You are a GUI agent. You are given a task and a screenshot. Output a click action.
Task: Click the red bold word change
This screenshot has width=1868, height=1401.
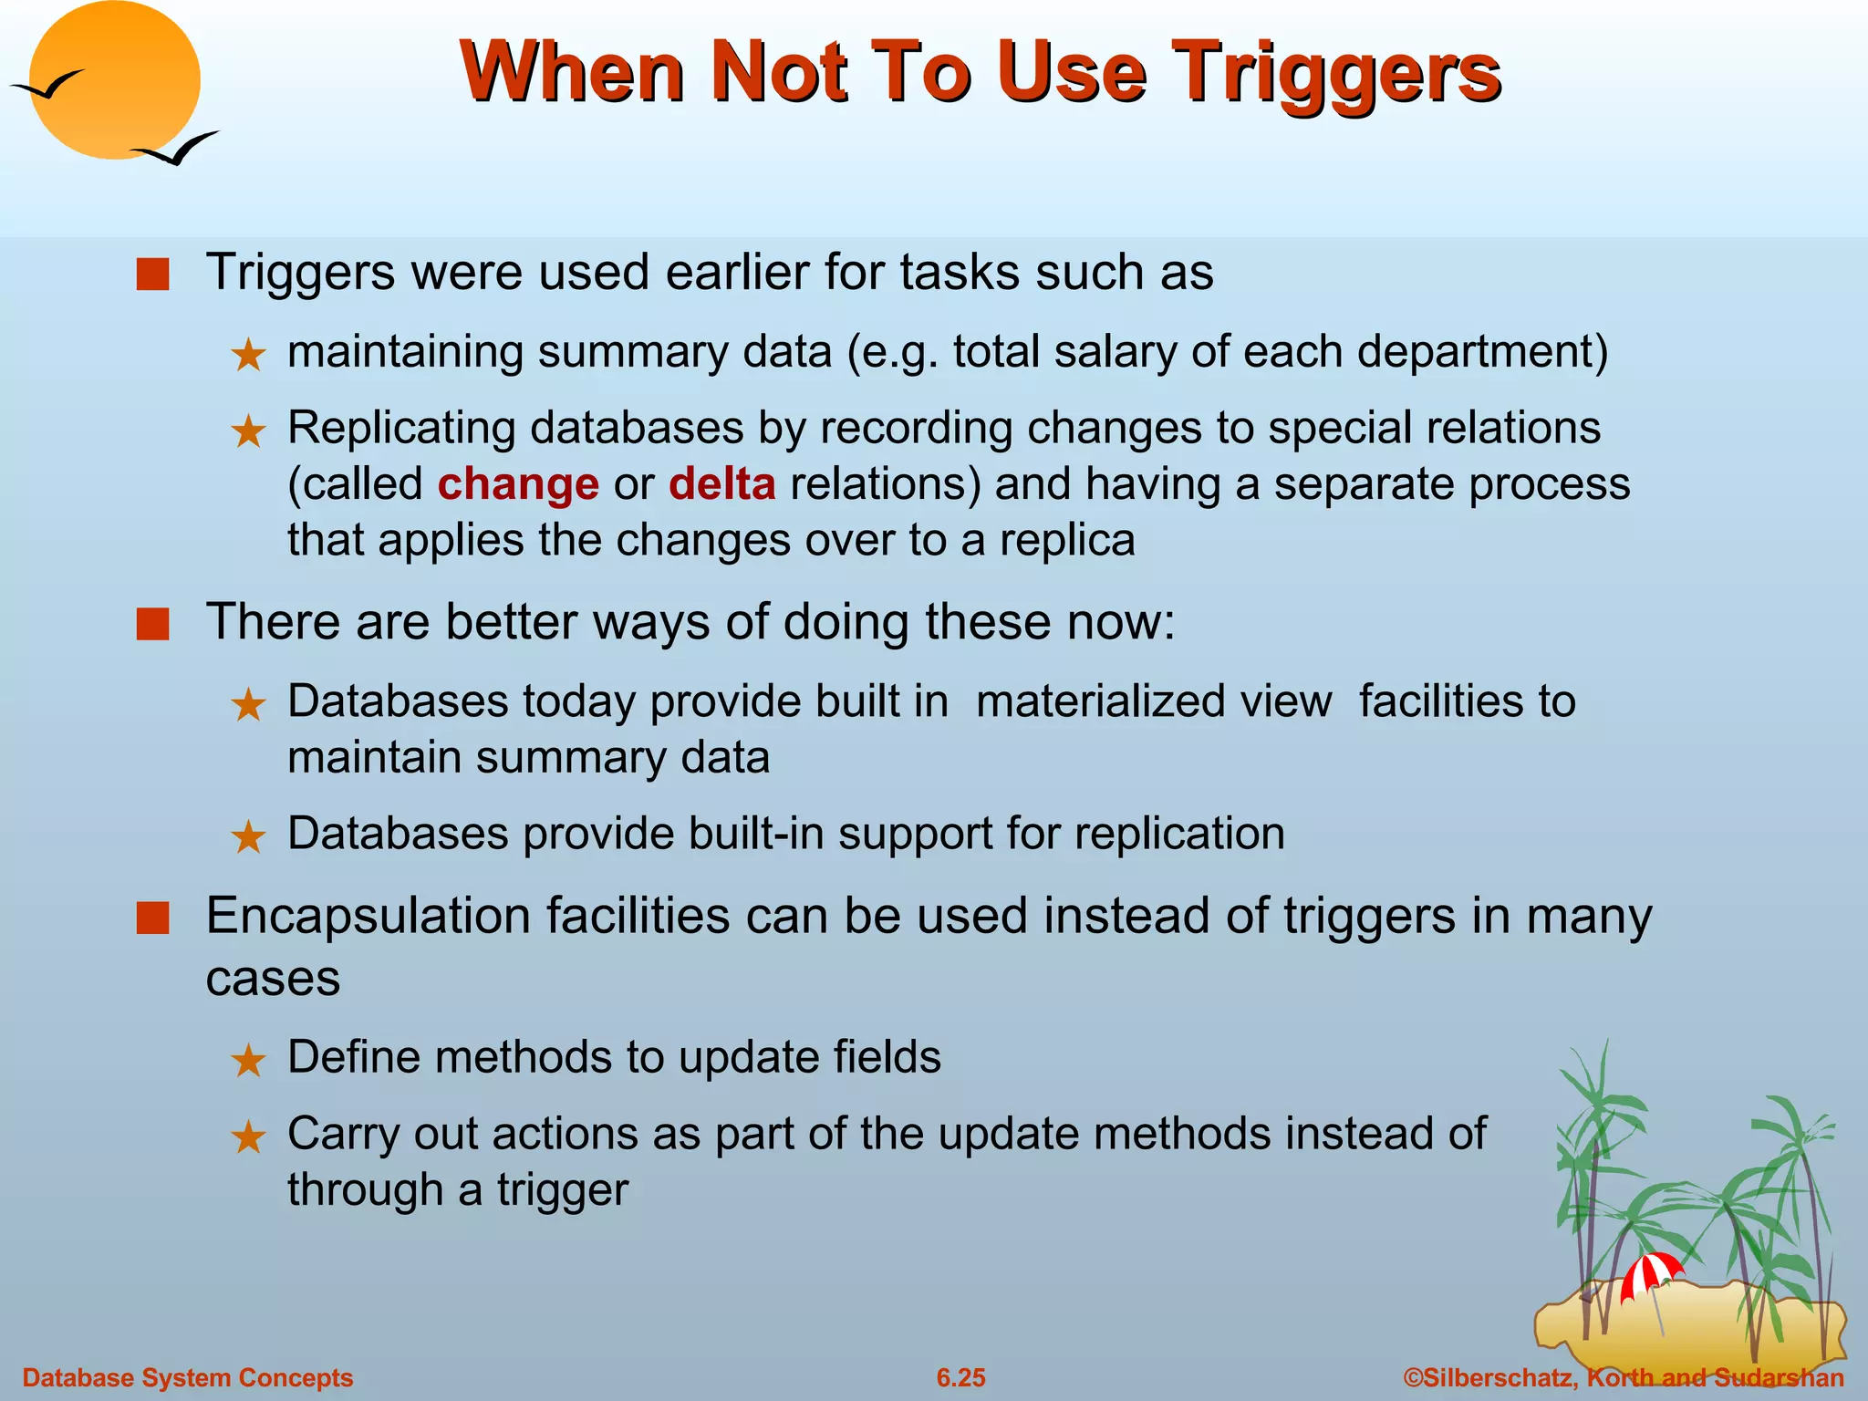click(517, 484)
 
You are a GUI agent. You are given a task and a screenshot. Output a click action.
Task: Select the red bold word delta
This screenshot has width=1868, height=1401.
click(721, 484)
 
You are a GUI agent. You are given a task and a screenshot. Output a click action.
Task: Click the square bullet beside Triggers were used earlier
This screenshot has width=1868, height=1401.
click(152, 275)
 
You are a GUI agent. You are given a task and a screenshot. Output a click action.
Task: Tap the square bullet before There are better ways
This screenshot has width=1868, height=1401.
click(152, 625)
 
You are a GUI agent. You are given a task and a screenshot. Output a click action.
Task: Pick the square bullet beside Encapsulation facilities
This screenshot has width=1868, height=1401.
click(152, 918)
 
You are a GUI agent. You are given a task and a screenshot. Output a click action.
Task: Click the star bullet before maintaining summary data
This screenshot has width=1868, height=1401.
click(248, 355)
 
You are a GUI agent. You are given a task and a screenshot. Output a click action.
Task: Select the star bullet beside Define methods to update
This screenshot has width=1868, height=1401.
click(248, 1061)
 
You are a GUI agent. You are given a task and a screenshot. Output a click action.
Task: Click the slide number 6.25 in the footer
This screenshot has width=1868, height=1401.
click(960, 1377)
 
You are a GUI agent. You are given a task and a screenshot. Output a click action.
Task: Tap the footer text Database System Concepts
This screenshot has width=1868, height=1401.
click(187, 1377)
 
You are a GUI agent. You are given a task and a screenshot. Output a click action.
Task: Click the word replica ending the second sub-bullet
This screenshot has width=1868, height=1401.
click(1067, 540)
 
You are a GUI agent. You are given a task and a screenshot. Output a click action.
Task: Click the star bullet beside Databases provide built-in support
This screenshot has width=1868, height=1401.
click(248, 836)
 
